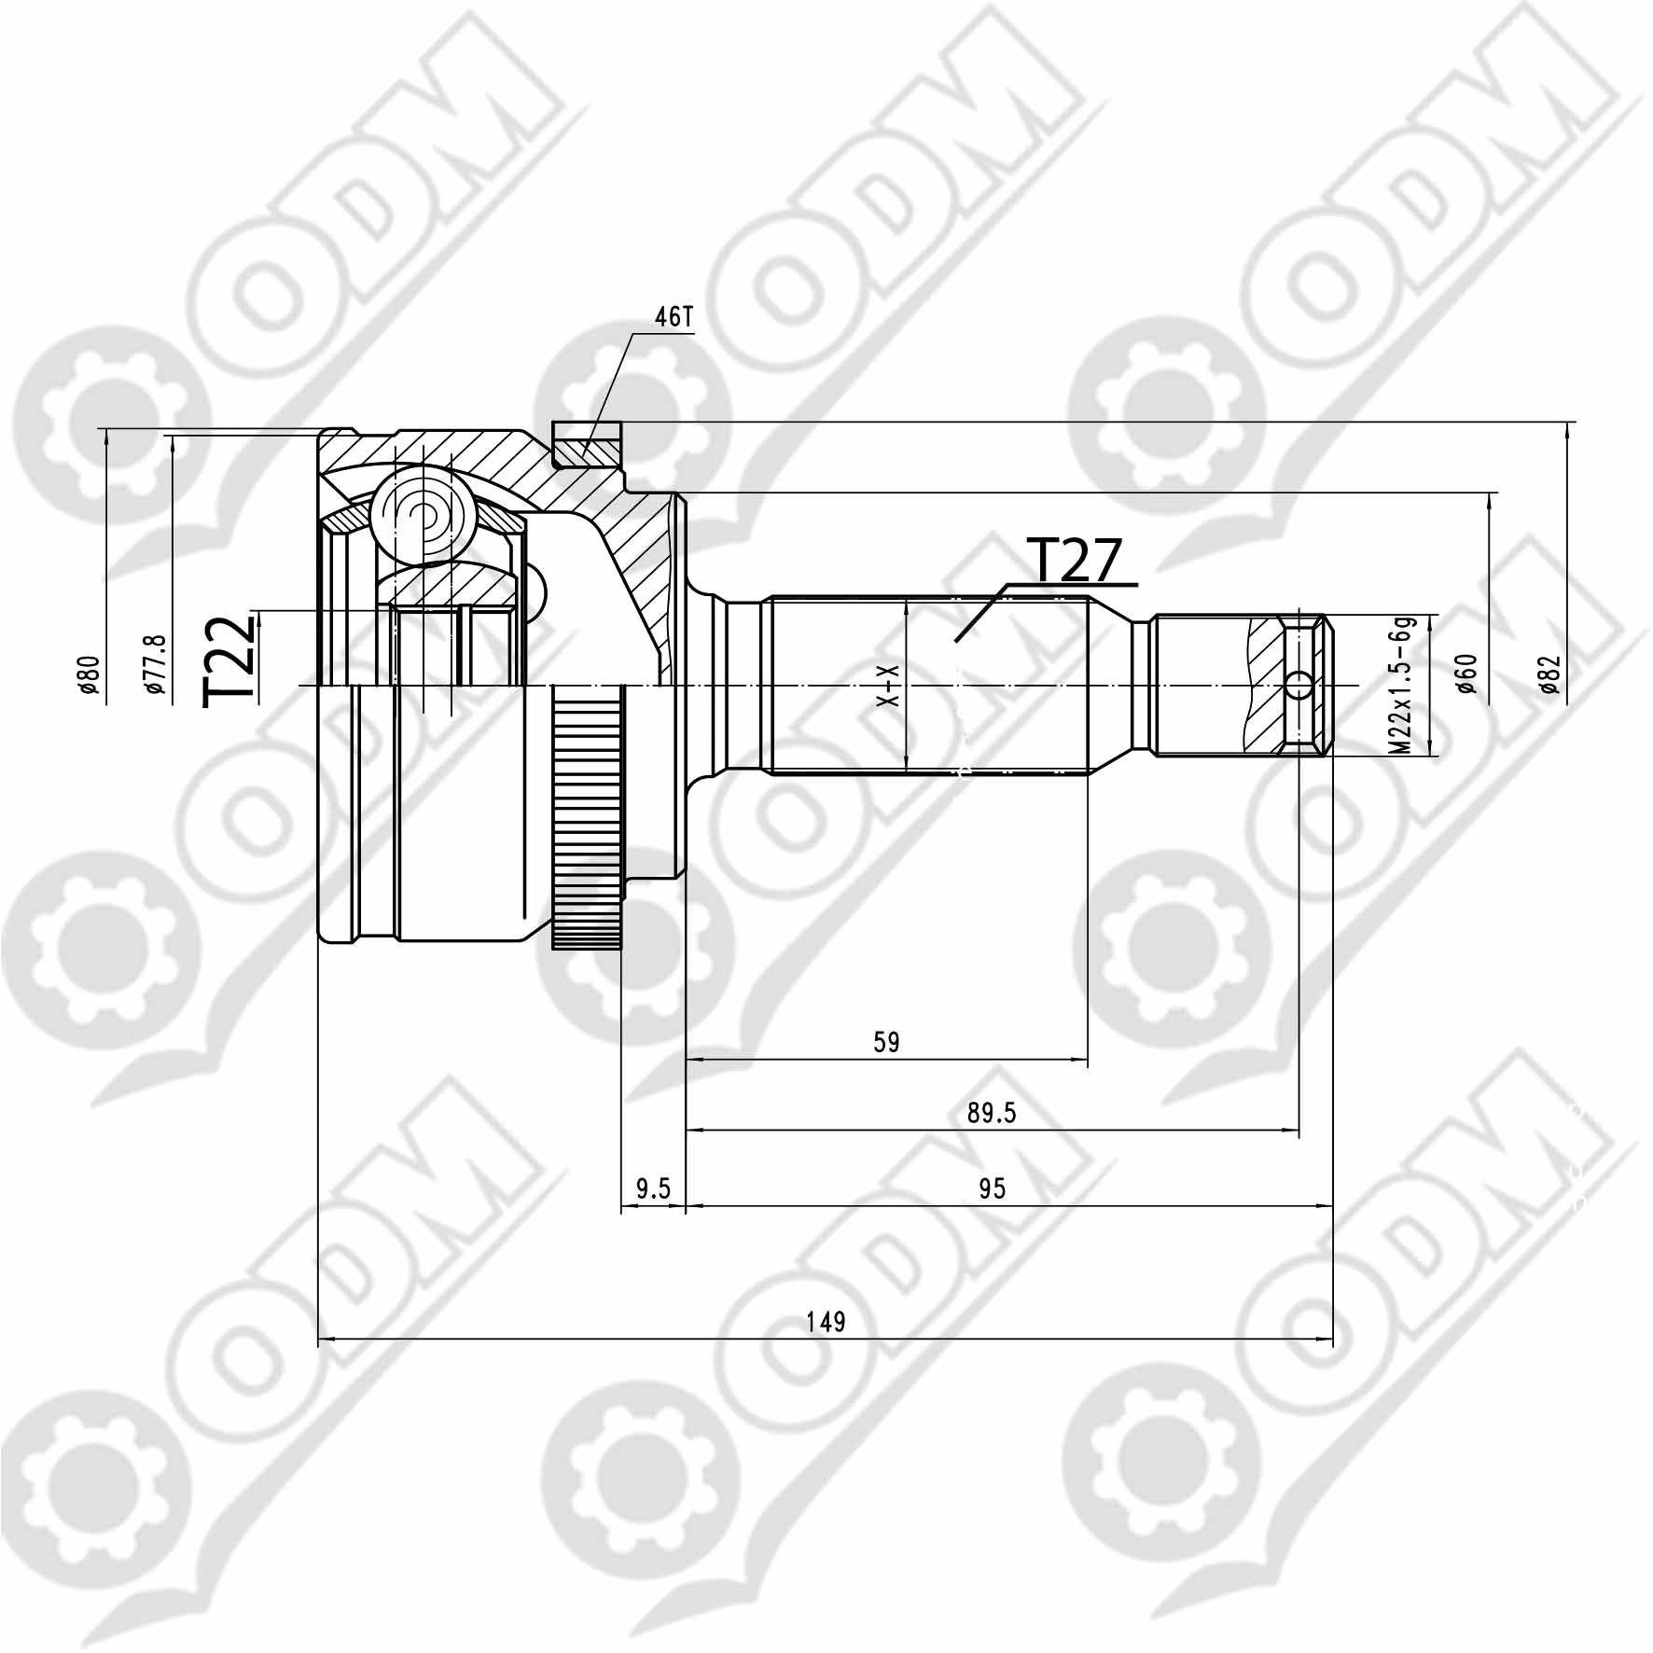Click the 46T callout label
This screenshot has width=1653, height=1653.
point(674,318)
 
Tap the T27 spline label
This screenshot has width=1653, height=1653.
point(1072,561)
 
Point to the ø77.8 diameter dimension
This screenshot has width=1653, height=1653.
point(155,664)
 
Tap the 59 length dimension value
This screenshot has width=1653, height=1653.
point(886,1042)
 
